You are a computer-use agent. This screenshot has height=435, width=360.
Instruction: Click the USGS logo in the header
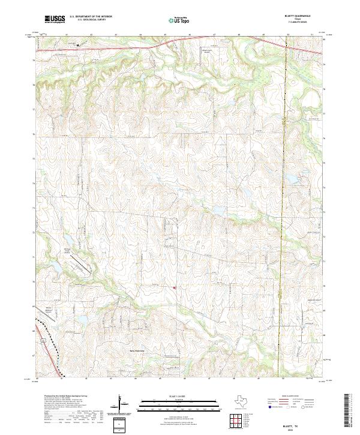[x=54, y=19]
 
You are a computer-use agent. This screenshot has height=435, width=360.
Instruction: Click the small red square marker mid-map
[x=175, y=288]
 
